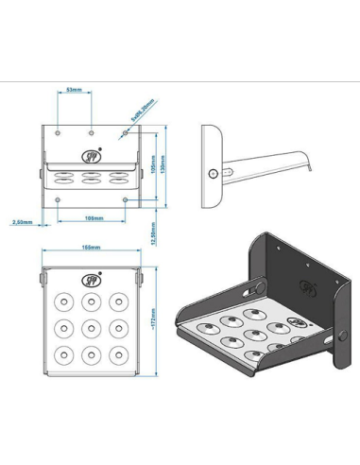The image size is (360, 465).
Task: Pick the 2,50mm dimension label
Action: point(22,224)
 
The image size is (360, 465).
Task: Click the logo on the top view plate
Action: point(91,279)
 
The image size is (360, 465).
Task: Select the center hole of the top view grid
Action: point(91,329)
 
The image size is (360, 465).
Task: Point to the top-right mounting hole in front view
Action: point(124,134)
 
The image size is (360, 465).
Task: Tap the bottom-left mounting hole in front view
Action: point(59,199)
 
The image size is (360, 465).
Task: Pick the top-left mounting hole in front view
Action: point(59,134)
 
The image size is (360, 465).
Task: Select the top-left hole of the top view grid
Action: point(62,301)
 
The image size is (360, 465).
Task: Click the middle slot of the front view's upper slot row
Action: point(91,176)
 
